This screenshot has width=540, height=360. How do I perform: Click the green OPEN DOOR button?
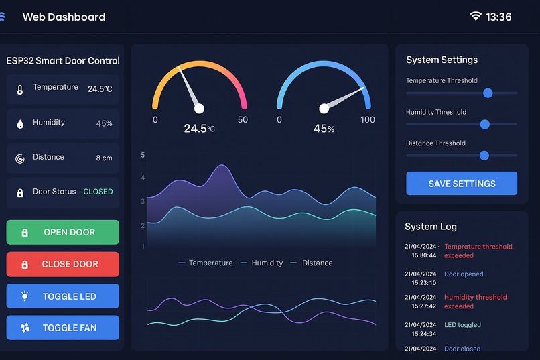[x=62, y=232]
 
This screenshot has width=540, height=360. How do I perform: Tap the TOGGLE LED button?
[x=62, y=296]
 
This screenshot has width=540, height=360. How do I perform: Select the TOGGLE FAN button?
[x=62, y=328]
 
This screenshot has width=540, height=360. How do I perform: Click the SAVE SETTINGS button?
[x=462, y=184]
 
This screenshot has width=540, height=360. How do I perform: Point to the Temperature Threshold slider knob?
[x=488, y=93]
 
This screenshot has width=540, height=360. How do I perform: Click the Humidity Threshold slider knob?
[x=485, y=124]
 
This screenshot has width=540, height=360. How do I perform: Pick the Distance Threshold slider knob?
[x=484, y=156]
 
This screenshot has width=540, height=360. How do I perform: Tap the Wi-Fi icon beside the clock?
[x=476, y=17]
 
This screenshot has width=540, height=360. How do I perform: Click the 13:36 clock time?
[x=498, y=17]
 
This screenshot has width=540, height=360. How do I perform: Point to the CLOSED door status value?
[x=98, y=192]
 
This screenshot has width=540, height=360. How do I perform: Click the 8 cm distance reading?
[x=104, y=158]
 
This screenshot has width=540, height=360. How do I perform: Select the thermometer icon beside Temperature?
[x=20, y=89]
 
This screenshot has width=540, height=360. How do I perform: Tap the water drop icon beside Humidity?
[x=20, y=124]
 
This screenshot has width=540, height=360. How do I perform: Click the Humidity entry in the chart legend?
[x=267, y=263]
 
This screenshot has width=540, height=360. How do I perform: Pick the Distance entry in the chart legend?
[x=317, y=263]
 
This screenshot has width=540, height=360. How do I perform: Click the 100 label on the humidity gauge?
[x=368, y=120]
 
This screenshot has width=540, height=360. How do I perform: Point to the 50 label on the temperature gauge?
[x=243, y=120]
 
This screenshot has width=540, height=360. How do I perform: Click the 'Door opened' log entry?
[x=464, y=274]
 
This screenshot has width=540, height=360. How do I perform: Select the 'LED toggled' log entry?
[x=462, y=325]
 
